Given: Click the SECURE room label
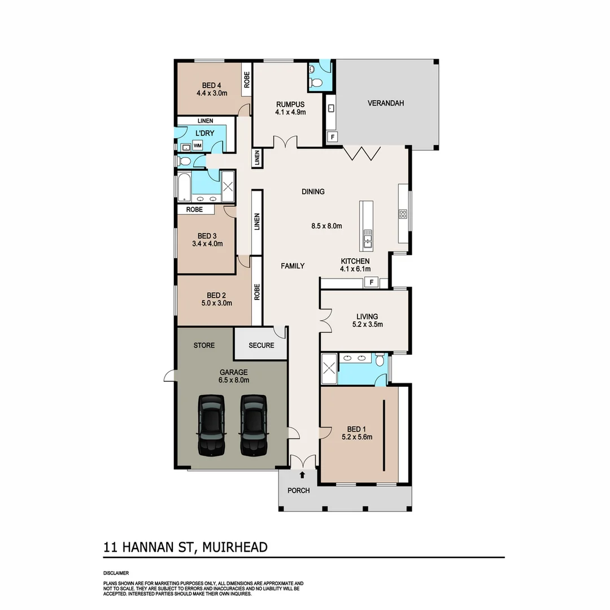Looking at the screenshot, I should [x=261, y=345].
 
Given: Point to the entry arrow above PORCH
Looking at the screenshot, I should [x=302, y=475].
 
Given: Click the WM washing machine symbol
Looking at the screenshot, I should [x=198, y=146].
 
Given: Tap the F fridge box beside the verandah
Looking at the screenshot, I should [x=332, y=137].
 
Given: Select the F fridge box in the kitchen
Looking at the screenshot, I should [x=372, y=282].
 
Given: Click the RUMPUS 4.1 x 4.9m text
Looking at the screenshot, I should [x=290, y=108].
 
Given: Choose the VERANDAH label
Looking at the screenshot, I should [x=386, y=103].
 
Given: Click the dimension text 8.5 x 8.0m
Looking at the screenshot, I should [x=327, y=226].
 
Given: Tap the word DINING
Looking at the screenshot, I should [x=313, y=191].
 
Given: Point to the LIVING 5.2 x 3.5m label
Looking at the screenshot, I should [x=367, y=320].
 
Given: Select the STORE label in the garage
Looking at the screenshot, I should [x=204, y=345].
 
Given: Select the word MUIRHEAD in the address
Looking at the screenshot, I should [x=236, y=547].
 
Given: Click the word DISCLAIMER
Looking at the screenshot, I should [x=116, y=573].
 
